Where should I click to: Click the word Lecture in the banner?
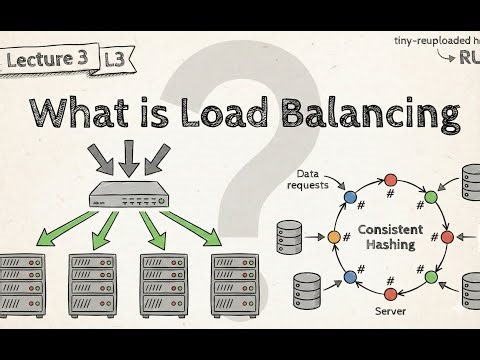39,60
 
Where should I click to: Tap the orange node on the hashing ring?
335,238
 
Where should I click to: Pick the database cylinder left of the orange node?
291,238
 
